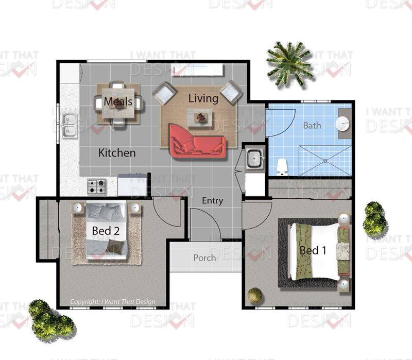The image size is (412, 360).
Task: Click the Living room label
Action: click(x=203, y=98)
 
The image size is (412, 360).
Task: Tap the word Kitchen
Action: click(x=117, y=153)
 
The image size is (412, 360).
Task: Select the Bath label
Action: click(x=312, y=125)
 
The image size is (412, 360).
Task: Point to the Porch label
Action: click(x=204, y=258)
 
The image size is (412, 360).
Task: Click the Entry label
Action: click(x=213, y=201)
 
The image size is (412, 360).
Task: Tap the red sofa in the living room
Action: click(x=197, y=142)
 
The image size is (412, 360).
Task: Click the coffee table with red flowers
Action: click(x=199, y=117)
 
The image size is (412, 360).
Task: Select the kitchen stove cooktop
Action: click(x=97, y=186)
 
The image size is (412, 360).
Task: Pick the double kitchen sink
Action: click(x=70, y=126)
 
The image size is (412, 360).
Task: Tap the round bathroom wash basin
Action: click(x=342, y=124)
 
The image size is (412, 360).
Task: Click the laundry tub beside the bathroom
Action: click(x=254, y=158)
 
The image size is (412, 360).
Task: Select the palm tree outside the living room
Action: click(x=288, y=64)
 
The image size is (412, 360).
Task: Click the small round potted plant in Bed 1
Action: click(x=255, y=295)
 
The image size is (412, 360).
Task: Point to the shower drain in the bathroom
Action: click(x=325, y=161)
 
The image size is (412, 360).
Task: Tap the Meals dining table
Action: click(x=118, y=104)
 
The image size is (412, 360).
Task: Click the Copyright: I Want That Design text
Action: click(x=113, y=302)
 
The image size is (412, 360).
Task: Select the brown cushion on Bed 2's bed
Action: click(x=115, y=246)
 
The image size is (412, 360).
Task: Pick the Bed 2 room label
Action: click(x=106, y=231)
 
